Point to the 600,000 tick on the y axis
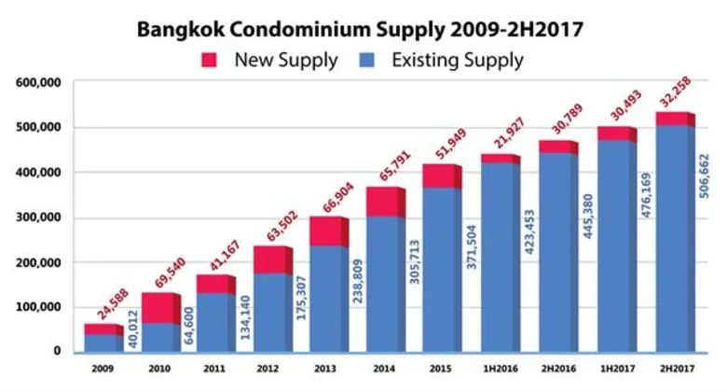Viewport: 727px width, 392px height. click(39, 82)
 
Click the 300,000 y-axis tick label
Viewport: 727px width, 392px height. click(39, 217)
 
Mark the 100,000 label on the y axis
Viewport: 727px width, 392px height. click(39, 307)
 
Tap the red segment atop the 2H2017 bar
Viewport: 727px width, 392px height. click(674, 119)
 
